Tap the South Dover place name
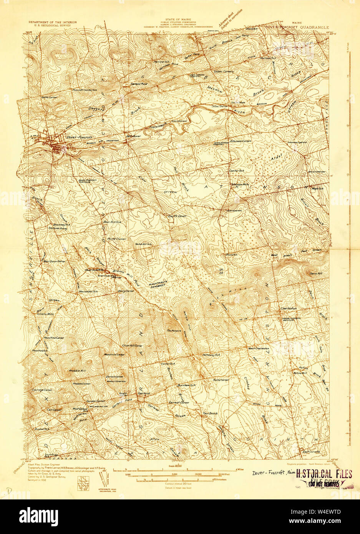(177, 216)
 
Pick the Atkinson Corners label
(241, 141)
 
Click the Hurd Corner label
(116, 239)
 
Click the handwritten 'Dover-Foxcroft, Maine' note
(273, 473)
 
